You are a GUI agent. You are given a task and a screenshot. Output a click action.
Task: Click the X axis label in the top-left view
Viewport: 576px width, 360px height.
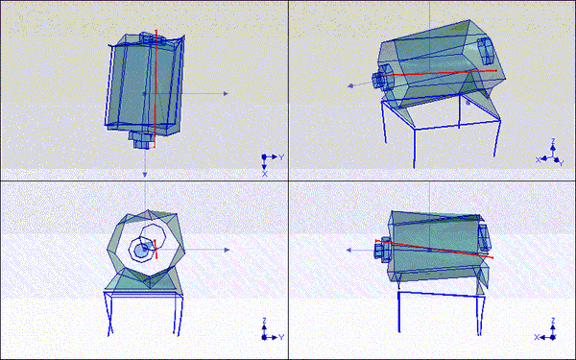click(265, 174)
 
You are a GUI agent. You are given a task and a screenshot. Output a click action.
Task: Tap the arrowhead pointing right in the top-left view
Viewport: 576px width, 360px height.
click(226, 93)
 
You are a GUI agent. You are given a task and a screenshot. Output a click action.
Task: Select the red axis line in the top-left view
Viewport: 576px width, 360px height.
click(155, 86)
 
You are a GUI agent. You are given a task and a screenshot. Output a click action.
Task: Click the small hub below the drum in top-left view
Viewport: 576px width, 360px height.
click(142, 139)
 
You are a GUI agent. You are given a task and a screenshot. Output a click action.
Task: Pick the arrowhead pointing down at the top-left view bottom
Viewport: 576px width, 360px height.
click(144, 174)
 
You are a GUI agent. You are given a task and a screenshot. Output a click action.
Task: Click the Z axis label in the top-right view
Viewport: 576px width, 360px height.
click(553, 142)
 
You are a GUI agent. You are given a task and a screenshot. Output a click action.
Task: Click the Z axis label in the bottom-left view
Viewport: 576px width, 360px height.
click(265, 323)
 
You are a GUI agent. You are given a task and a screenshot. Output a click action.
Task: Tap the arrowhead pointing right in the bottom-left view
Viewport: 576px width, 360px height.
click(226, 250)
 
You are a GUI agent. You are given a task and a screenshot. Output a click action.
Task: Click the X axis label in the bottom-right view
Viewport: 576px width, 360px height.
click(538, 337)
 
